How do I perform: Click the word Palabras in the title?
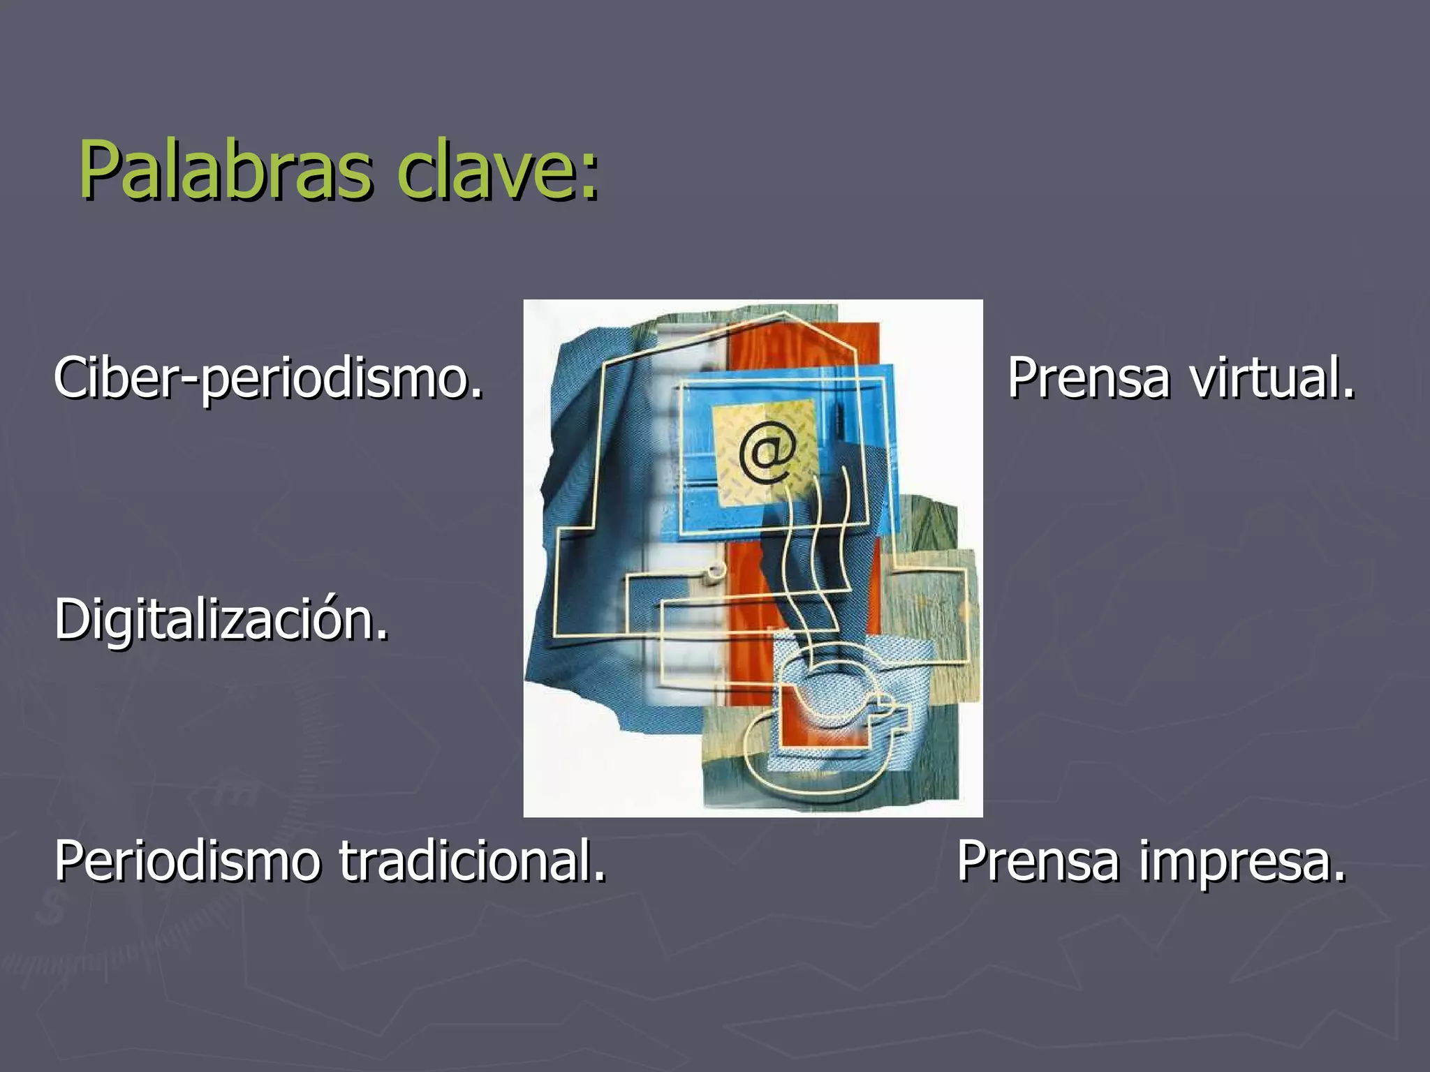pyautogui.click(x=225, y=170)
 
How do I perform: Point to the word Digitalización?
pyautogui.click(x=221, y=619)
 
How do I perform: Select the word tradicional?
pyautogui.click(x=473, y=861)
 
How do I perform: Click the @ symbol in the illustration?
pyautogui.click(x=767, y=454)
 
